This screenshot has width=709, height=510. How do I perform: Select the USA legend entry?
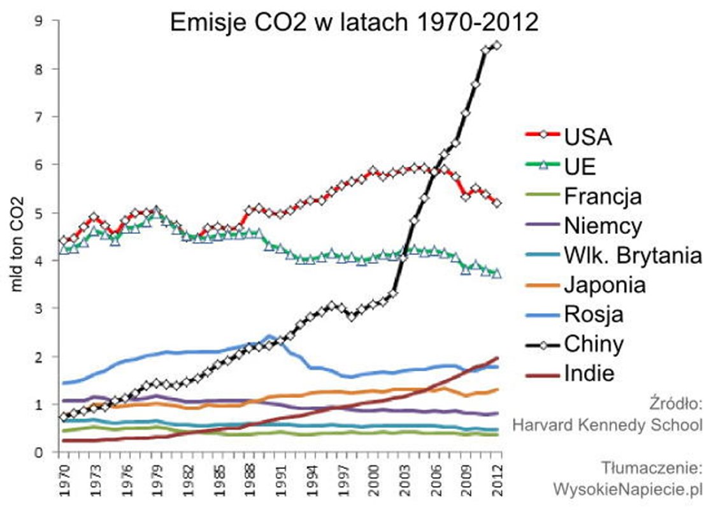pyautogui.click(x=587, y=137)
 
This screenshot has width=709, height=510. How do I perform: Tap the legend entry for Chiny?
pyautogui.click(x=593, y=344)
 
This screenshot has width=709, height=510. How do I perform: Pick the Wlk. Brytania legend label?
pyautogui.click(x=633, y=255)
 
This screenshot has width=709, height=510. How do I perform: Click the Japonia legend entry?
pyautogui.click(x=605, y=285)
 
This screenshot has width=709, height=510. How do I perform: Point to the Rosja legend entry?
pyautogui.click(x=593, y=315)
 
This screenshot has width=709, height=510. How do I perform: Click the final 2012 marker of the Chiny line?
pyautogui.click(x=497, y=45)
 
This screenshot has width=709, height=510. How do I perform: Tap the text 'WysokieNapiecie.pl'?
pyautogui.click(x=626, y=488)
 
